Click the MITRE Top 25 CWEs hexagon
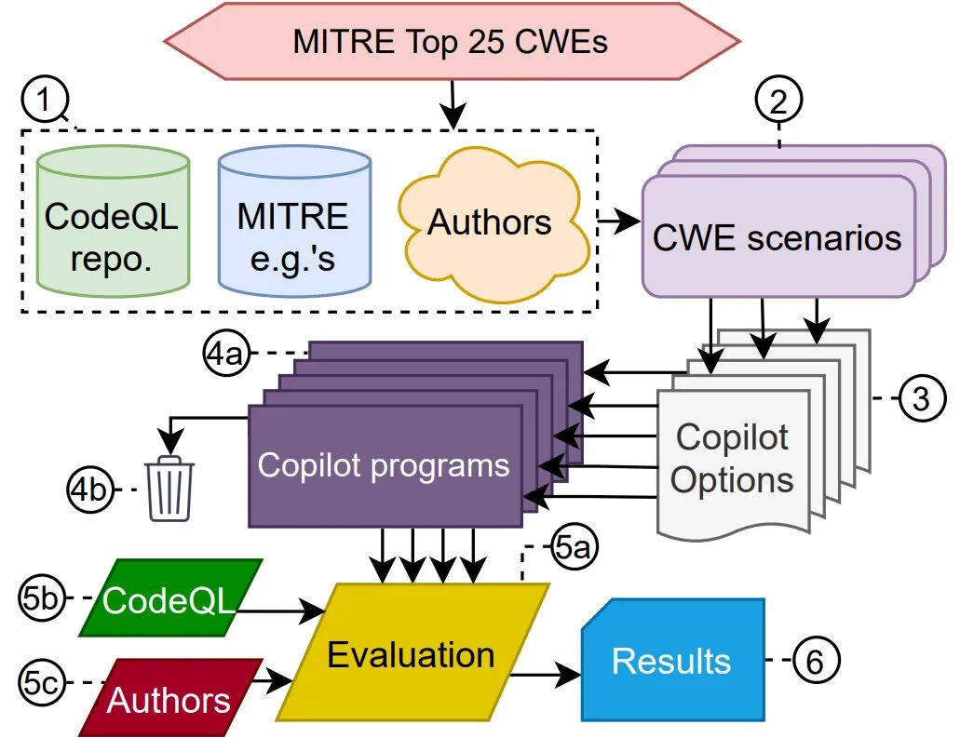pos(452,41)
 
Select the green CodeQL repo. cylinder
pos(114,221)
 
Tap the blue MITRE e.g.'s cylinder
pos(294,221)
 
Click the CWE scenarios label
pos(777,237)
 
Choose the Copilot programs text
pos(384,464)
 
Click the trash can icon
pos(169,489)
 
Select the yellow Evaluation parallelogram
pos(412,651)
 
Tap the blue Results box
pos(673,660)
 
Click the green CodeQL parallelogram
pos(170,597)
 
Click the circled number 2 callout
pos(778,100)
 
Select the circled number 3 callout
pos(922,398)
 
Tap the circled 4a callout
pos(226,353)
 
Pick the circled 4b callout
pos(90,490)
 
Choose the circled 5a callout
pos(573,546)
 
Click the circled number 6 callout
pos(816,660)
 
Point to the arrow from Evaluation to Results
pos(546,675)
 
